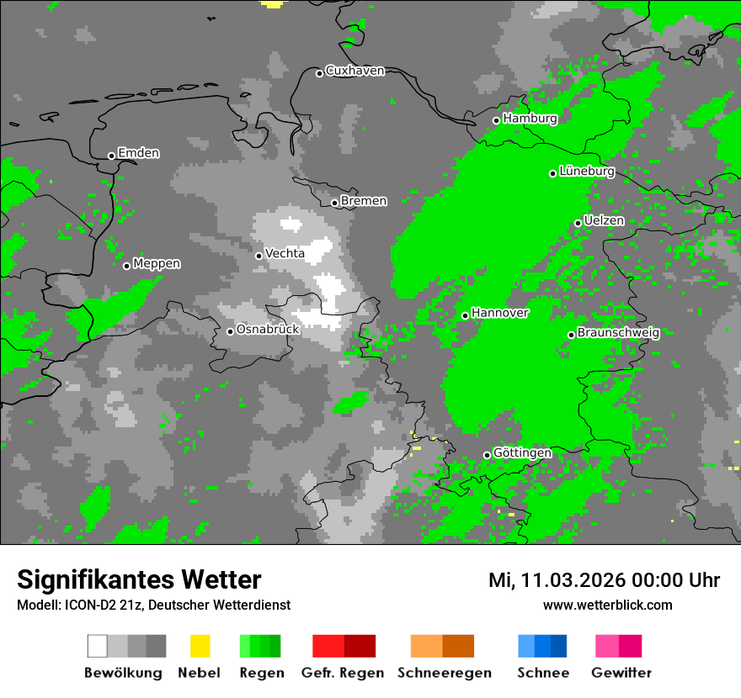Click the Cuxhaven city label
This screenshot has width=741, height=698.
[355, 71]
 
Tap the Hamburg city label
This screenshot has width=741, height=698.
[530, 119]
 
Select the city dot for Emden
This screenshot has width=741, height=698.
[111, 156]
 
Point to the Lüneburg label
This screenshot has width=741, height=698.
[587, 172]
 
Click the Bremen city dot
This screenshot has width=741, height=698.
[334, 203]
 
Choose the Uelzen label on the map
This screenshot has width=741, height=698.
[604, 220]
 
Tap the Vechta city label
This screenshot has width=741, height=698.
[285, 253]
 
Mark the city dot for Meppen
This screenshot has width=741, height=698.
[126, 266]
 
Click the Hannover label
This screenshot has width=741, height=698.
[499, 313]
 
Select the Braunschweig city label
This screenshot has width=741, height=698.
[618, 332]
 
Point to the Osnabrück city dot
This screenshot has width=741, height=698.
[230, 331]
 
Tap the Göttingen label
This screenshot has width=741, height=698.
[522, 453]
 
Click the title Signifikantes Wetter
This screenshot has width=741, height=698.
[139, 580]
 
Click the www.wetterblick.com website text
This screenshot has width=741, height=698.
[607, 605]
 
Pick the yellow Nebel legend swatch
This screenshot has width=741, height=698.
[200, 646]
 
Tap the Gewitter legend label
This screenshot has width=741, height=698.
[621, 673]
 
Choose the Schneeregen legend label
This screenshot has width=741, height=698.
[444, 673]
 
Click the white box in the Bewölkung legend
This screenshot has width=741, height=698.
[98, 646]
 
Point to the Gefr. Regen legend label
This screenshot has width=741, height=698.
[343, 673]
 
